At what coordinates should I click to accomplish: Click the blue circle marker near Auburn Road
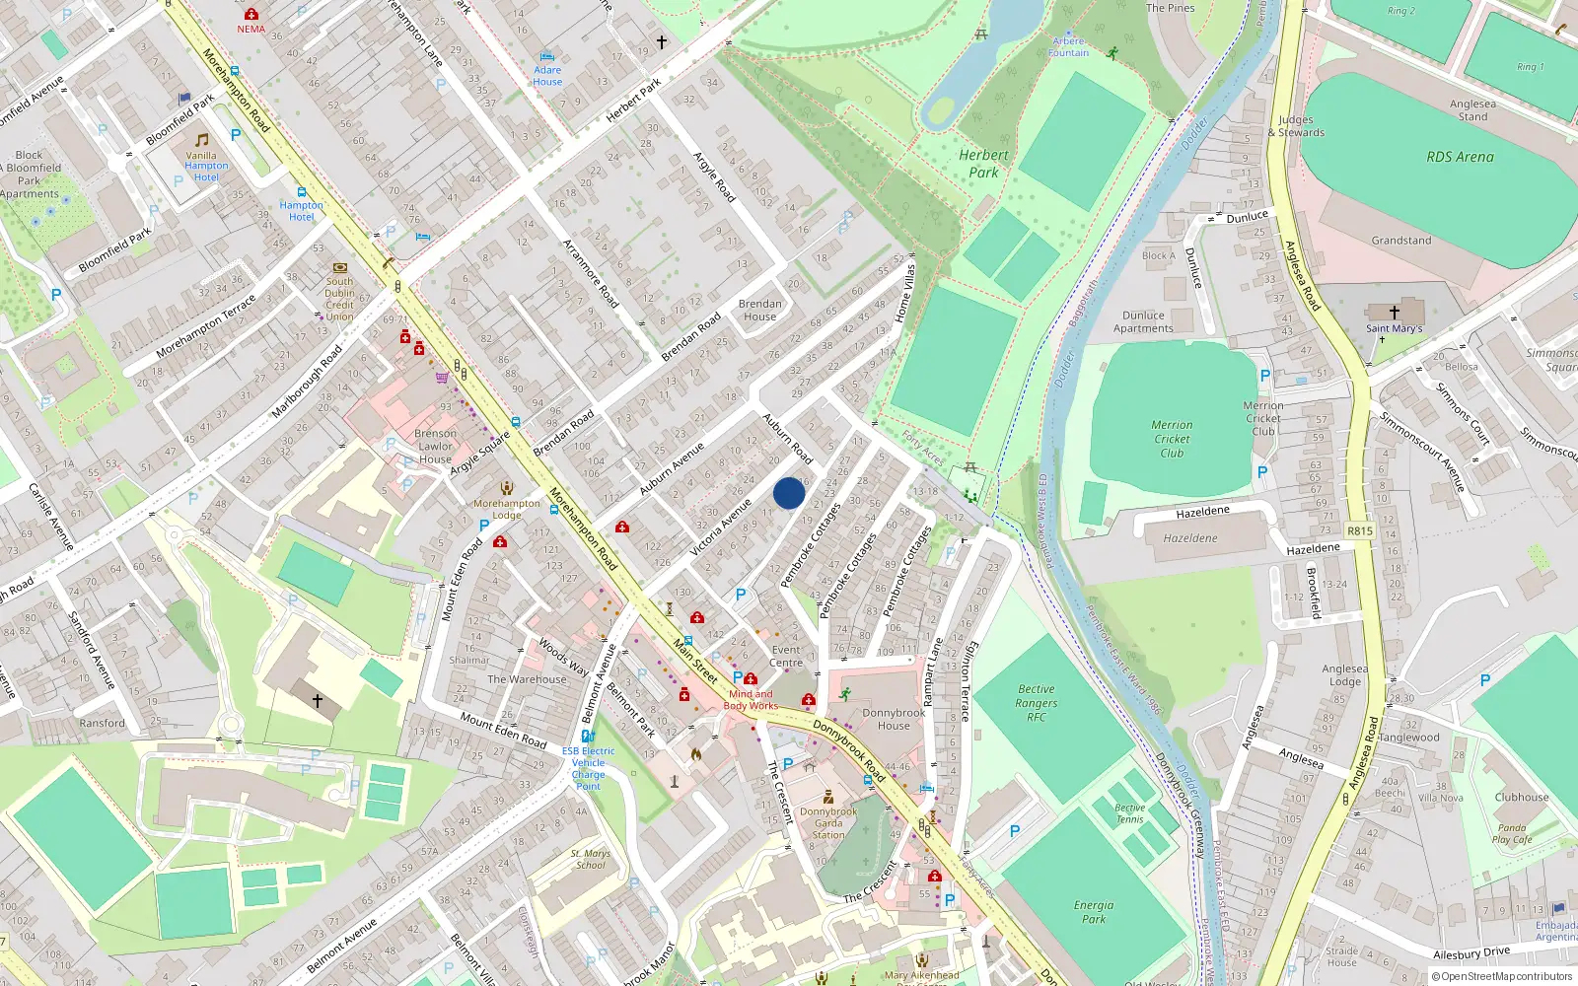click(788, 493)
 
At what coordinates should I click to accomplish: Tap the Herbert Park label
click(983, 164)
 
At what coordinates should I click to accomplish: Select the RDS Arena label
click(1460, 157)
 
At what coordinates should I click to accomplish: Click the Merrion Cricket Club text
click(1172, 439)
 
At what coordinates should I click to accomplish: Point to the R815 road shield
click(1359, 530)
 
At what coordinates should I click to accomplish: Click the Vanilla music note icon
click(202, 140)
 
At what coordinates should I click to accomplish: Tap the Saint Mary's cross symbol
click(1395, 313)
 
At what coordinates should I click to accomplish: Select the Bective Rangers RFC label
click(1037, 703)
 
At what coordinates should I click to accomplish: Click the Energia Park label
click(1094, 912)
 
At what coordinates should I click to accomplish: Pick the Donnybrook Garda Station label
click(828, 823)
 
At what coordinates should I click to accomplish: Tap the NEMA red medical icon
click(251, 14)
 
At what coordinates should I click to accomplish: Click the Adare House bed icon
click(547, 57)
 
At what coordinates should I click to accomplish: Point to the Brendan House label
click(759, 311)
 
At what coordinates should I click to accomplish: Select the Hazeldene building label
click(1190, 538)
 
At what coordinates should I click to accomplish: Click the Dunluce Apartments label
click(1143, 322)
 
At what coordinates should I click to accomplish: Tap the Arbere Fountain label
click(1068, 47)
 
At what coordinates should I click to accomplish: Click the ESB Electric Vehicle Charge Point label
click(589, 768)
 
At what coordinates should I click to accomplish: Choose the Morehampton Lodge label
click(507, 509)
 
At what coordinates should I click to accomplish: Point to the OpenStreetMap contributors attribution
click(1502, 976)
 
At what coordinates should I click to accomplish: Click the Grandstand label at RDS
click(1400, 241)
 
